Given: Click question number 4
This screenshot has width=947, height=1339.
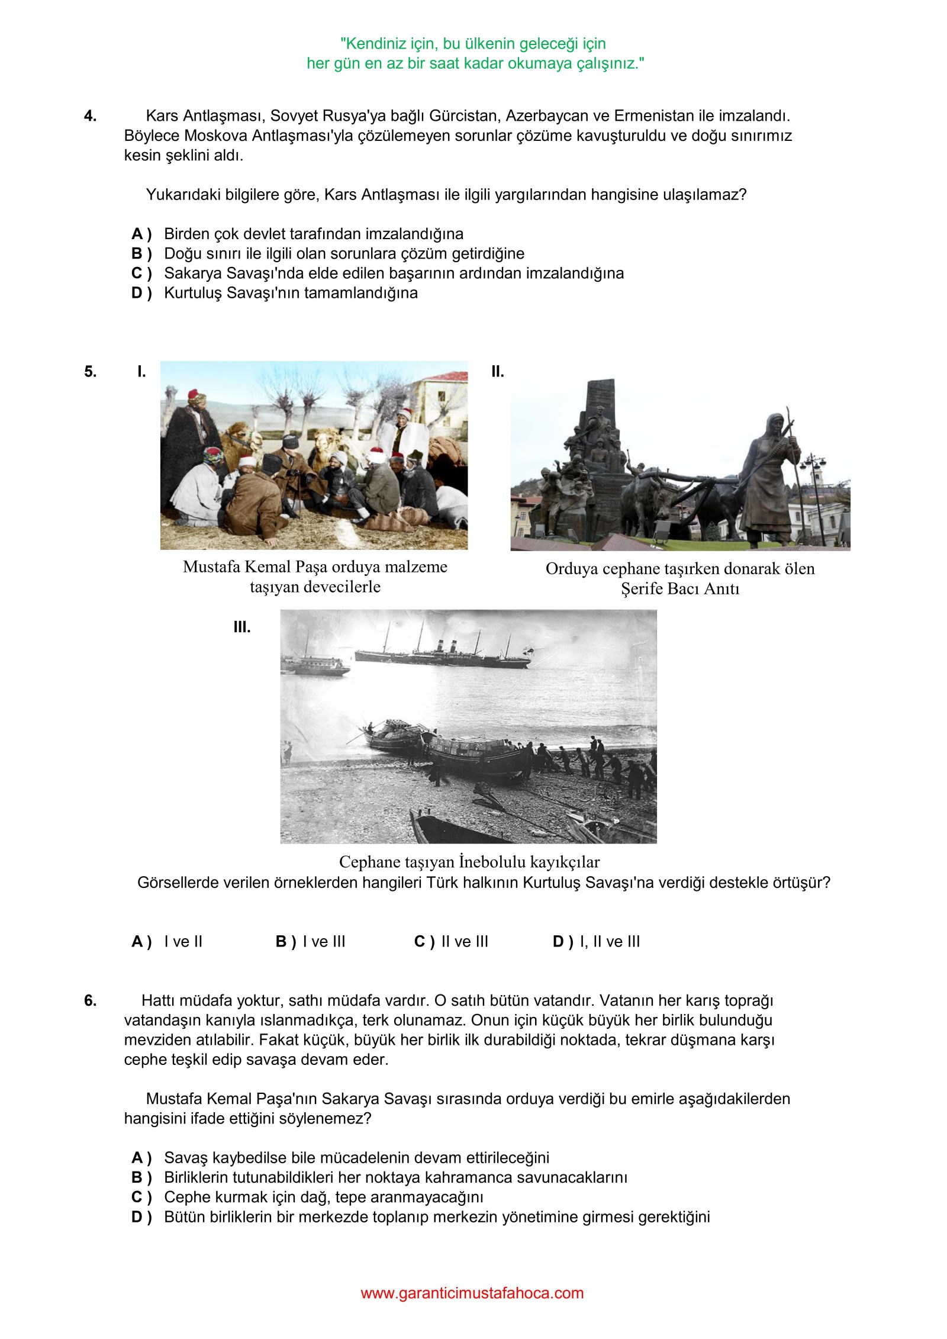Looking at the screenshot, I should click(90, 116).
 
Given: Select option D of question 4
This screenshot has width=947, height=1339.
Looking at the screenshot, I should click(141, 293).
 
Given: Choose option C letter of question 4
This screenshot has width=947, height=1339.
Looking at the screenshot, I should click(141, 273).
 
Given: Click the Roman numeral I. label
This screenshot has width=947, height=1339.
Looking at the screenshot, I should click(141, 372).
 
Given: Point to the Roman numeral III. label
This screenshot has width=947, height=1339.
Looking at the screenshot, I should click(241, 627).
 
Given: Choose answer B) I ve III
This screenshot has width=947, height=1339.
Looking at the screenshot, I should click(310, 942).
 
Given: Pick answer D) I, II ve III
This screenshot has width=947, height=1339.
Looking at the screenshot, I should click(596, 942).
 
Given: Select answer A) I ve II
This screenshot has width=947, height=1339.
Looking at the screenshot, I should click(167, 942).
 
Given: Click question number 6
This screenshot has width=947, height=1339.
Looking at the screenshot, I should click(90, 1001).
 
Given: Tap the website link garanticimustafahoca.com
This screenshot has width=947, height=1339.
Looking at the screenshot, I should click(472, 1293).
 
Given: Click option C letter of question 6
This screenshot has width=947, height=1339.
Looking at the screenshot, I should click(141, 1198).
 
